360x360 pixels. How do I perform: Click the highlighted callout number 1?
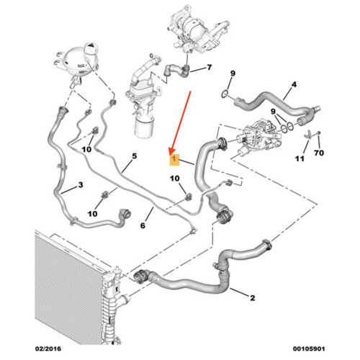tap(174, 160)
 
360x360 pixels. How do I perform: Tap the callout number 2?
tap(253, 298)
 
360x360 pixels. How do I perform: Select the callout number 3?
tap(81, 185)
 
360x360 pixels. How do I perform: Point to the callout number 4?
tap(294, 84)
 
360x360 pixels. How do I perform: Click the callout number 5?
tap(135, 156)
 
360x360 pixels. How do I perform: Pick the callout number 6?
tap(143, 225)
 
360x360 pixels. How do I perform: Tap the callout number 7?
tap(210, 68)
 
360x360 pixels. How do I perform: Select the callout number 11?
tap(300, 158)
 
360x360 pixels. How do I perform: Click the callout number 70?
tap(319, 153)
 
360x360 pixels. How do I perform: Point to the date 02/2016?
tap(48, 348)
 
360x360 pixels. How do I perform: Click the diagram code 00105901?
tap(309, 348)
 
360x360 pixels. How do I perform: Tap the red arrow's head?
tap(171, 151)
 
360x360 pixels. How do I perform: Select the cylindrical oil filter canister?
tap(144, 126)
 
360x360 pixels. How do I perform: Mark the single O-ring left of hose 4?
tap(225, 94)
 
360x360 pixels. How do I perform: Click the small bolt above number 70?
tap(318, 132)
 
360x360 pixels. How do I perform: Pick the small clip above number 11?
tap(309, 135)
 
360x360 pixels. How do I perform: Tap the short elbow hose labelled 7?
tap(176, 70)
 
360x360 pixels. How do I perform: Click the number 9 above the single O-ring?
tap(233, 73)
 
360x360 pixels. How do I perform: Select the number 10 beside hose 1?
tap(175, 179)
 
